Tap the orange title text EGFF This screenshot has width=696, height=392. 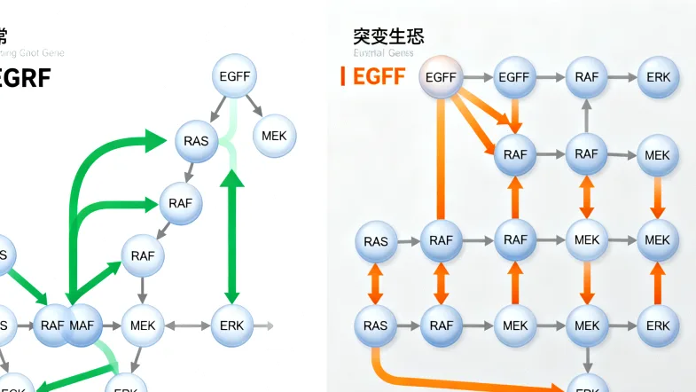tap(379, 76)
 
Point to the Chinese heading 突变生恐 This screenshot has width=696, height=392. tap(387, 36)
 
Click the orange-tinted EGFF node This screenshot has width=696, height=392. tap(441, 77)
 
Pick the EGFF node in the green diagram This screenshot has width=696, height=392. tap(235, 76)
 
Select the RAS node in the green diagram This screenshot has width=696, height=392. tap(196, 140)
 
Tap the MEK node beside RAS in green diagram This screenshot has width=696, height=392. tap(275, 136)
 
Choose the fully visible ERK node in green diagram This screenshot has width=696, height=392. tap(232, 325)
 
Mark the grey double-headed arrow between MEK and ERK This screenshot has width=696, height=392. tap(187, 325)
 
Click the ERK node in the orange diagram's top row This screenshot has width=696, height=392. tap(658, 77)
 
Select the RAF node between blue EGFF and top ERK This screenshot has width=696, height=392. tap(586, 77)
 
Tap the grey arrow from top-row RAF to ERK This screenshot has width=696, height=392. tap(622, 77)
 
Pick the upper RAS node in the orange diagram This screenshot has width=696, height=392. tap(375, 240)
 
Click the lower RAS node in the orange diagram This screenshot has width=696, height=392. tap(375, 325)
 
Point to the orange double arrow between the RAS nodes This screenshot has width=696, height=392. tap(375, 283)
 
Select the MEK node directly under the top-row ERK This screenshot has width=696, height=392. tap(657, 154)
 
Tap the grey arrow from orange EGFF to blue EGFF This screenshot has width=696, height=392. tap(477, 77)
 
